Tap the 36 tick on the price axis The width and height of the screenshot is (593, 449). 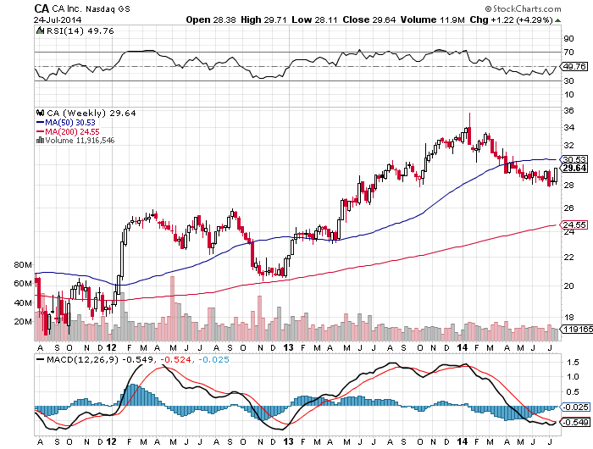569,108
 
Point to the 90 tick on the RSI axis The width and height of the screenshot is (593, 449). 569,38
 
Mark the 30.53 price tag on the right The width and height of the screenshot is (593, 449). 575,159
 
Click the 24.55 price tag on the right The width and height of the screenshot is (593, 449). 575,224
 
